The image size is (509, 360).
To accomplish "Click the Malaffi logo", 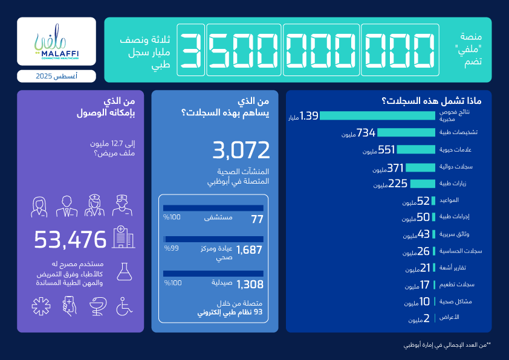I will click(x=56, y=42).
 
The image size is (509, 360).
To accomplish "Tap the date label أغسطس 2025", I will click(x=56, y=76).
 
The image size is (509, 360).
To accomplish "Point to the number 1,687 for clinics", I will click(x=250, y=250).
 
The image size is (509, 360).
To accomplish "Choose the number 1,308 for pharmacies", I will click(x=250, y=284).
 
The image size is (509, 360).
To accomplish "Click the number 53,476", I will click(x=70, y=240).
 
